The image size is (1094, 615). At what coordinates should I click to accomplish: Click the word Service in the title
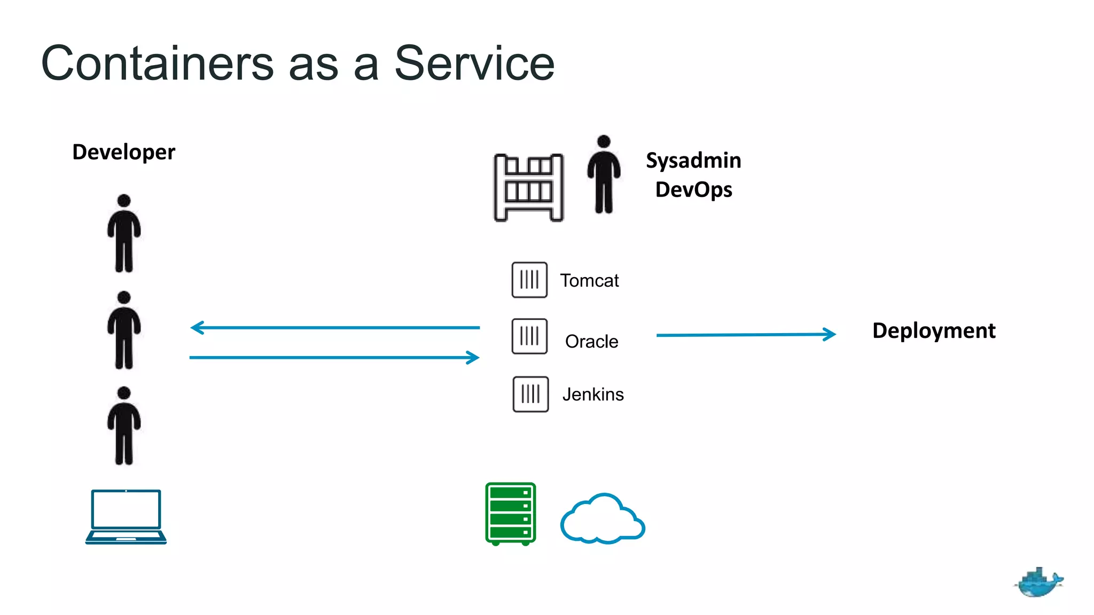click(474, 64)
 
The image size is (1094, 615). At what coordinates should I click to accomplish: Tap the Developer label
click(123, 152)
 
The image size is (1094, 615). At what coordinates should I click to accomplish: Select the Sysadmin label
click(693, 160)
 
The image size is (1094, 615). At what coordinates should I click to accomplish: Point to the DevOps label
click(693, 190)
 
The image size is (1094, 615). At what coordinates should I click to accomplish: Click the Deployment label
click(933, 330)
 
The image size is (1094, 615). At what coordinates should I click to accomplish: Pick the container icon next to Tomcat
click(529, 280)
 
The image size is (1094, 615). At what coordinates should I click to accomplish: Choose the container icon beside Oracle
click(529, 336)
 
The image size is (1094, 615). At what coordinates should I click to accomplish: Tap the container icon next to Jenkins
click(530, 394)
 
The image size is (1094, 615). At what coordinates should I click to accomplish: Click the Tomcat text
click(589, 281)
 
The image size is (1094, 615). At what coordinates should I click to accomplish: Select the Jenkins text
click(592, 395)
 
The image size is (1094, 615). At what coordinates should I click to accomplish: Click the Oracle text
click(591, 342)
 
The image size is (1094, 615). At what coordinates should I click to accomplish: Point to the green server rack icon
click(510, 514)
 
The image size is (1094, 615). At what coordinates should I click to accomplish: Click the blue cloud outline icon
click(602, 520)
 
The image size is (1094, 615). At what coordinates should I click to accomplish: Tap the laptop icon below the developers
click(126, 516)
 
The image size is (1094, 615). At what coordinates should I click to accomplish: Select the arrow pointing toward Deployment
click(745, 335)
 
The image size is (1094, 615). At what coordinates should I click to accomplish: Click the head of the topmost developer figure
click(124, 201)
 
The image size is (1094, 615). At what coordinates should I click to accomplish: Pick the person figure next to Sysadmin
click(604, 175)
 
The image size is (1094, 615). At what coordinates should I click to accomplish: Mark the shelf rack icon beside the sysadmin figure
click(528, 187)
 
